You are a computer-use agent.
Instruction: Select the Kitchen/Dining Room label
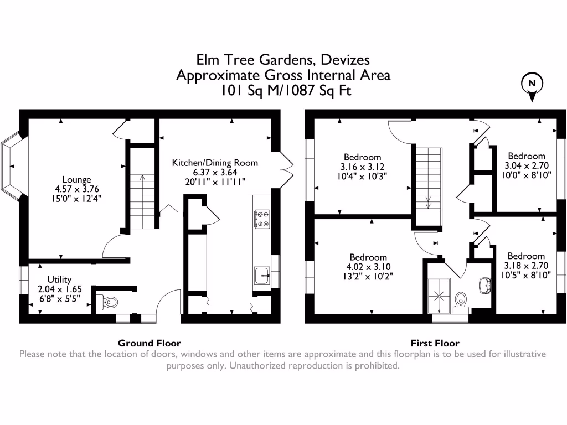point(215,163)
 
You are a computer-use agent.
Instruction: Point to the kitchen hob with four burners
point(261,219)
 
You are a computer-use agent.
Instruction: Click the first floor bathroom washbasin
point(484,286)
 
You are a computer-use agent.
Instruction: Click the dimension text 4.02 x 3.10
point(368,267)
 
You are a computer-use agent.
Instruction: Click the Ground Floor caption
point(150,343)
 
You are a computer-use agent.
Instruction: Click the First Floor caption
point(435,343)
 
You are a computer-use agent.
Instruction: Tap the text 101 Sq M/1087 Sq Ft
point(283,90)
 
